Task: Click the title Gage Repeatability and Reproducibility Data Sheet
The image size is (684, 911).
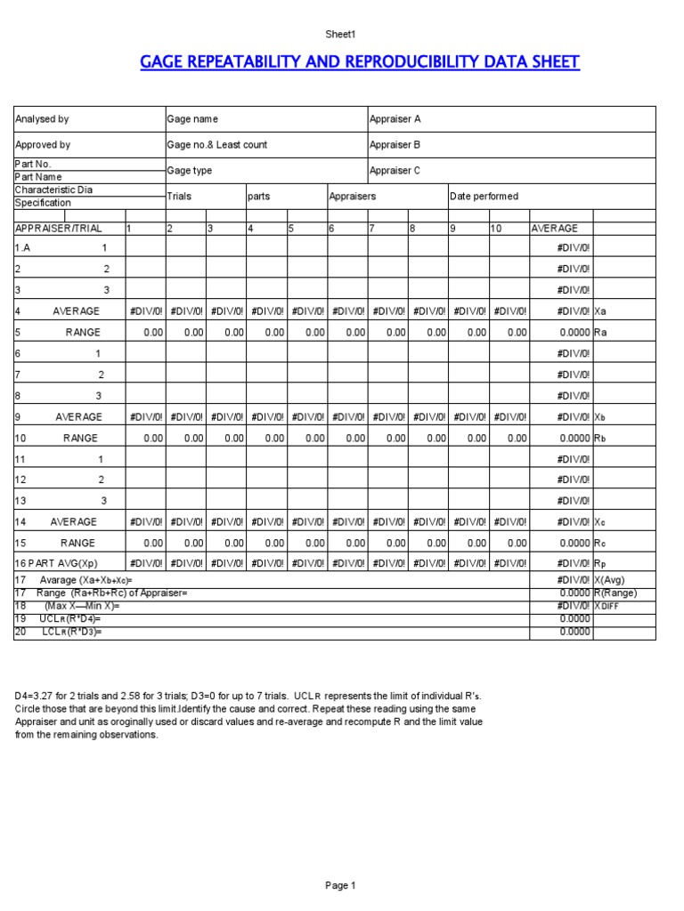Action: click(x=360, y=62)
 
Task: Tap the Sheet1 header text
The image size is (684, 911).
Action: click(x=341, y=34)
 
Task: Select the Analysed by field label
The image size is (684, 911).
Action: click(x=42, y=119)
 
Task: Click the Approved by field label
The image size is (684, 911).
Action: click(x=43, y=144)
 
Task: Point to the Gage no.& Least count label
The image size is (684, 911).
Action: click(x=216, y=144)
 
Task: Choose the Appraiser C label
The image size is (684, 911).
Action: click(x=395, y=171)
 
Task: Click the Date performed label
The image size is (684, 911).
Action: click(x=484, y=197)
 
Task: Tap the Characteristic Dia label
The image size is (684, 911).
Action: click(x=53, y=190)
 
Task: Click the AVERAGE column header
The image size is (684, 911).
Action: click(x=554, y=229)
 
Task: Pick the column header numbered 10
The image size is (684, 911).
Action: click(x=497, y=229)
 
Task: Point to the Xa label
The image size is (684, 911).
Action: click(x=600, y=311)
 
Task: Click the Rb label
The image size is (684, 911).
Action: click(x=600, y=438)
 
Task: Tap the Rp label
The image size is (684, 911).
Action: click(x=600, y=563)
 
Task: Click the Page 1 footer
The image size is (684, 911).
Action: click(x=341, y=885)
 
